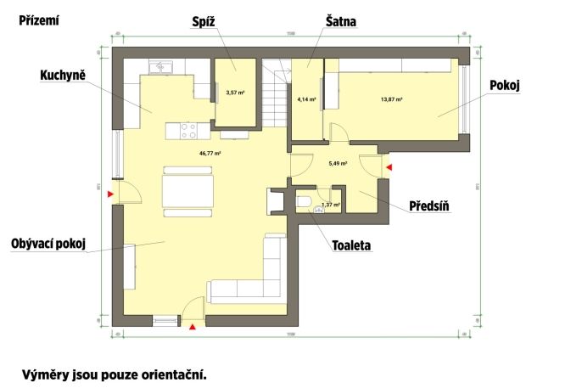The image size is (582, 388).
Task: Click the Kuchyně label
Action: (62, 76)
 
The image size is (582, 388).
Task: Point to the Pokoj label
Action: (505, 85)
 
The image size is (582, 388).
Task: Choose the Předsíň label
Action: (429, 206)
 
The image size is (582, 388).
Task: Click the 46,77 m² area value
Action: (210, 154)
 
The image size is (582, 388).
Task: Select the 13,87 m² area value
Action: (391, 99)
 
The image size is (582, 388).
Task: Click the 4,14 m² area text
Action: (306, 99)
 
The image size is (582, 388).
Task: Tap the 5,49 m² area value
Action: (338, 163)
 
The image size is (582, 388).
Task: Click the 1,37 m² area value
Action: (331, 205)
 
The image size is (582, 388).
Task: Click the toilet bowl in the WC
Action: (304, 202)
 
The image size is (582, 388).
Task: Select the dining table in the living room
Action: (187, 188)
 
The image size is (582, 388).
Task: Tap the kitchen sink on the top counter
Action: (161, 66)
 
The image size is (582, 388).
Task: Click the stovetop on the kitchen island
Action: (188, 131)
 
